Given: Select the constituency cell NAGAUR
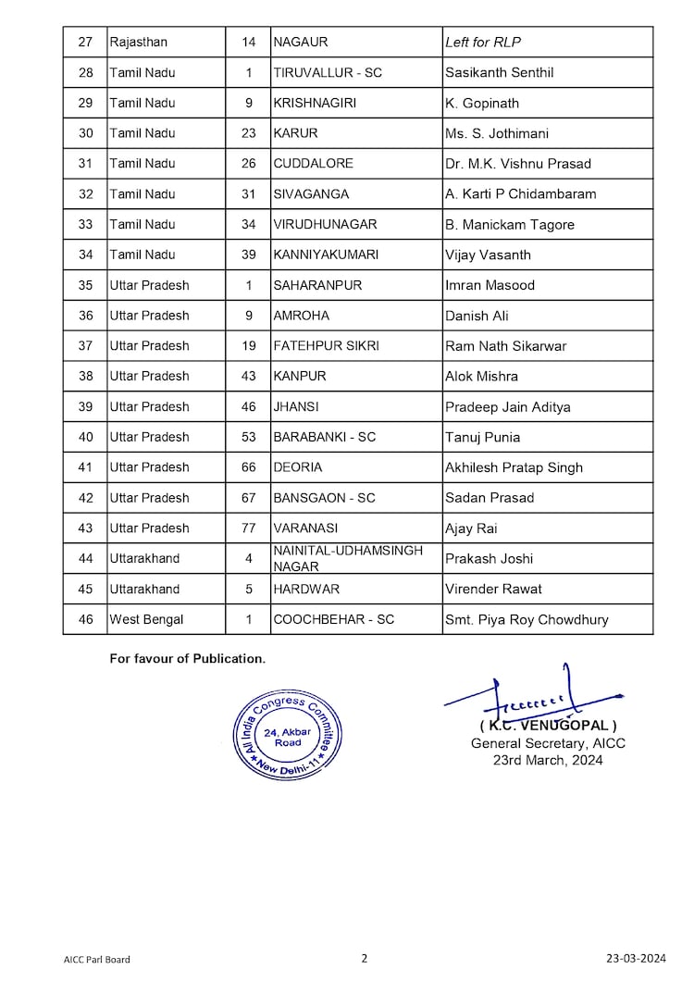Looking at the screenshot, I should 301,43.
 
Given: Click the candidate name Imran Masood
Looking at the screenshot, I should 490,285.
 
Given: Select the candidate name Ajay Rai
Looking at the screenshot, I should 469,528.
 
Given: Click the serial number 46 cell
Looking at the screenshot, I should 85,619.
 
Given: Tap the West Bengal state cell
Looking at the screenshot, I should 146,619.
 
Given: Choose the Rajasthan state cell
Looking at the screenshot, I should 139,43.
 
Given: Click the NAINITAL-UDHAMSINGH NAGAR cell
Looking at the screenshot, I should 348,558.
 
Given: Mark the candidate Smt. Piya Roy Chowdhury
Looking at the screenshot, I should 527,619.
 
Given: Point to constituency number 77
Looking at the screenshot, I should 249,528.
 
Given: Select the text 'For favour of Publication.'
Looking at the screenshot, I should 188,659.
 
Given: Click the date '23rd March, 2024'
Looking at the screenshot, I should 548,760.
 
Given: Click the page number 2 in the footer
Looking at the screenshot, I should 365,958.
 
